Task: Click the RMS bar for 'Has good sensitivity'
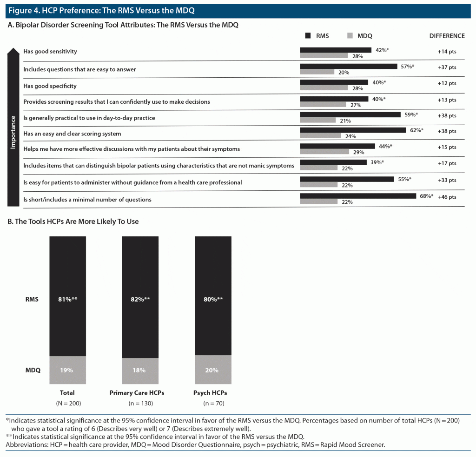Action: [335, 50]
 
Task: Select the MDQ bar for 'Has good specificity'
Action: [324, 88]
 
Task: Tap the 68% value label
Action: [425, 196]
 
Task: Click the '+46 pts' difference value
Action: [447, 197]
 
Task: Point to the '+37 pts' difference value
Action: [447, 67]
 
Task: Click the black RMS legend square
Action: [308, 36]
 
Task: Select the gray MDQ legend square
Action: [350, 36]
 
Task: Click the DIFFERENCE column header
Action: [446, 36]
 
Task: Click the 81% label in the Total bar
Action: [67, 300]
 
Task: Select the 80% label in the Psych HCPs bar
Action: [212, 300]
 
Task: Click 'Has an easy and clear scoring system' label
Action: [72, 134]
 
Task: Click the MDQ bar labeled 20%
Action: [317, 72]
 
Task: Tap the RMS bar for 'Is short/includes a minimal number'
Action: [358, 196]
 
